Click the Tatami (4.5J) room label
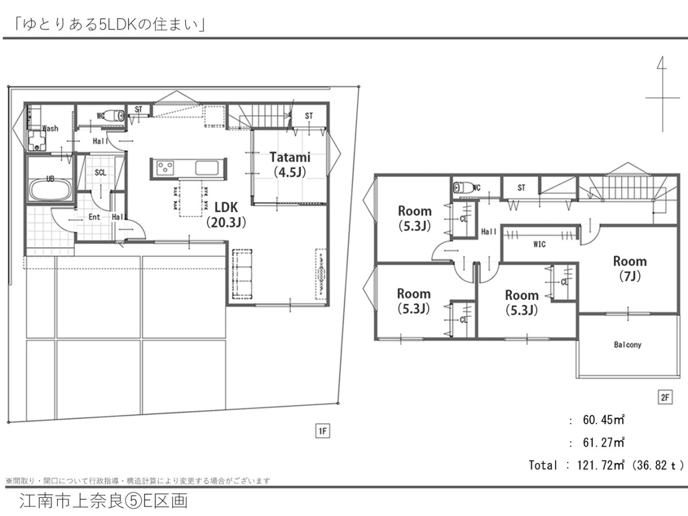(290, 165)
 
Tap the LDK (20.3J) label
(226, 215)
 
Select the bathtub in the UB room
(50, 190)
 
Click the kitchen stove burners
(165, 168)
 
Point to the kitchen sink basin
(207, 167)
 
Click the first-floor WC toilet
(114, 116)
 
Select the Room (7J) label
(630, 268)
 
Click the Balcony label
(627, 345)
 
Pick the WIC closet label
(540, 244)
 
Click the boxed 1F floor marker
(323, 431)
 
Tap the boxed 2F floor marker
(664, 397)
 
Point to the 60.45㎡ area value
(603, 420)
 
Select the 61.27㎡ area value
(603, 443)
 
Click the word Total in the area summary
(543, 465)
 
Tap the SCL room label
(100, 173)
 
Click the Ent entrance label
(95, 217)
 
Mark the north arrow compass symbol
(662, 94)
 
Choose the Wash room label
(50, 128)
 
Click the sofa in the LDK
(243, 274)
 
